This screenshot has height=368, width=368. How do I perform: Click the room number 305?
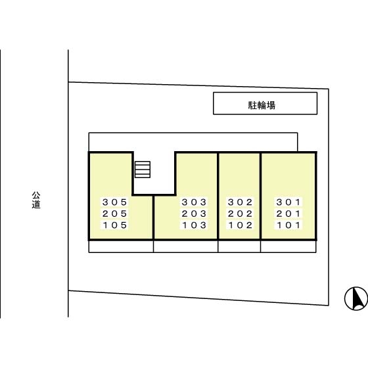115,202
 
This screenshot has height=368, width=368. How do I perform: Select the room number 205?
115,214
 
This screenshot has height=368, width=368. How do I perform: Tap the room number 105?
115,225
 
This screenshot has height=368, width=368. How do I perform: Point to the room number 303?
194,202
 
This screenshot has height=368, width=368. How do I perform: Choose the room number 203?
194,214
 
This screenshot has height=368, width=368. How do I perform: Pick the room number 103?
194,225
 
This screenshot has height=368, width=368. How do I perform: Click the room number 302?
240,202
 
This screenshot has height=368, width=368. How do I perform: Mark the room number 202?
240,214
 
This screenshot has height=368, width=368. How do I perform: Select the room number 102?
240,225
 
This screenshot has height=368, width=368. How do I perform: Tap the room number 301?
288,202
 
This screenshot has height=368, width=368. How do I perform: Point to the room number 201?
288,214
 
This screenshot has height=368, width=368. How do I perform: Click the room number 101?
288,225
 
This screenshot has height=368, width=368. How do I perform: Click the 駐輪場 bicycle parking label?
262,105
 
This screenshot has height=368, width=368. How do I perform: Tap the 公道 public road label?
36,200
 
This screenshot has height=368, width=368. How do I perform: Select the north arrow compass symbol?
356,298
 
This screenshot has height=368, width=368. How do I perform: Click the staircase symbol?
143,170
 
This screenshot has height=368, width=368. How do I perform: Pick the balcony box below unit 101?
288,246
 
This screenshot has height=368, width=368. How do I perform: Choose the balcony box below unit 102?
239,246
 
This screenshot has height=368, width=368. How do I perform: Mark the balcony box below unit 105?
121,246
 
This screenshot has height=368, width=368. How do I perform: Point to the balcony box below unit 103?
185,246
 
